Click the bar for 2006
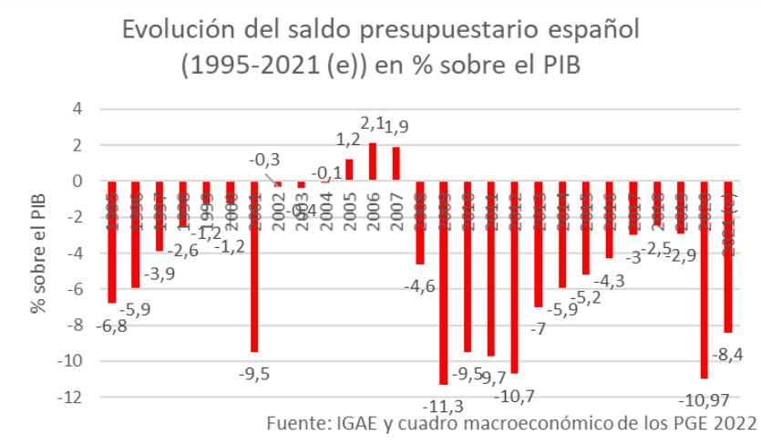coord(372,161)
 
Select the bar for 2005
coord(348,170)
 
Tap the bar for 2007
coord(396,163)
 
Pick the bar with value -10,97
coord(704,279)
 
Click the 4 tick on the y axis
coord(77,109)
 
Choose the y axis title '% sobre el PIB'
coord(38,254)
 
